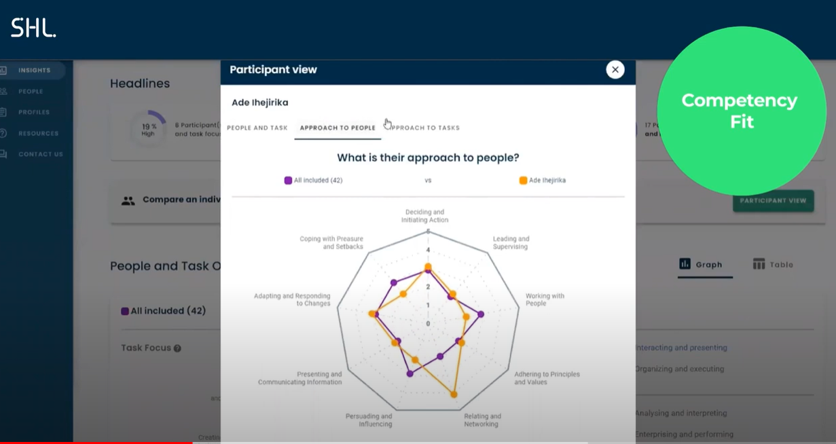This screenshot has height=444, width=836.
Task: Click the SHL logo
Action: click(x=33, y=28)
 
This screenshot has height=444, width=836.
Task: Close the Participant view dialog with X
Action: click(x=615, y=70)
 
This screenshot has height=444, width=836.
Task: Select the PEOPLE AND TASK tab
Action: click(x=257, y=128)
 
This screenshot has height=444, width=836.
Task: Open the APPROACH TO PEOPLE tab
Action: click(x=338, y=128)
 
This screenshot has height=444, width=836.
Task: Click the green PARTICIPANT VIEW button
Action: click(x=773, y=201)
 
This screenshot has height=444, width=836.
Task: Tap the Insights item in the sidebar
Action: click(x=34, y=70)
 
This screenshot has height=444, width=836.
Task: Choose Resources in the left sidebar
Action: click(x=38, y=134)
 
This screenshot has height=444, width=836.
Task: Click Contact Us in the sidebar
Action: click(x=40, y=154)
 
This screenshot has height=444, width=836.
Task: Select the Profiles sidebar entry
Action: click(x=34, y=112)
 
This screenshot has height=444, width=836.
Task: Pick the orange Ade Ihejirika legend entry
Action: click(x=542, y=181)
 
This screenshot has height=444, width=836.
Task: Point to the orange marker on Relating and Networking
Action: click(x=454, y=394)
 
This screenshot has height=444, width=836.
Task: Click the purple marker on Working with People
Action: click(x=481, y=314)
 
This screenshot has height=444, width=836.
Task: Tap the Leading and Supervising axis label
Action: click(x=511, y=242)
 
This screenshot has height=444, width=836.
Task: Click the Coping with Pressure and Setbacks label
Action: click(x=331, y=242)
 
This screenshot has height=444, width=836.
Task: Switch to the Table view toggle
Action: click(x=773, y=265)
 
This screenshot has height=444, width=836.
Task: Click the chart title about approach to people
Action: click(x=428, y=158)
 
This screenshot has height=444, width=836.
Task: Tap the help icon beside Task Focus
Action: click(x=177, y=348)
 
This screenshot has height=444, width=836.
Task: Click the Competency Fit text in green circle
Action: click(x=740, y=111)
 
